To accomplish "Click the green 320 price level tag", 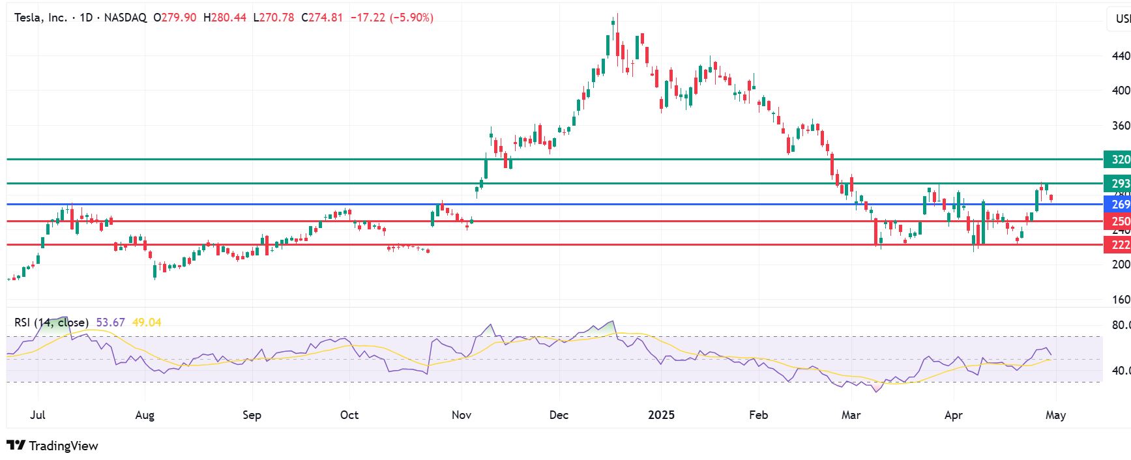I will click(x=1117, y=160).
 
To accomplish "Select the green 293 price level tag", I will click(x=1117, y=184).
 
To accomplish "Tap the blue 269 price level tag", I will click(x=1117, y=205).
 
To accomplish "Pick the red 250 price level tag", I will click(x=1117, y=222).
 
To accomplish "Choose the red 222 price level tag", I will click(x=1117, y=245).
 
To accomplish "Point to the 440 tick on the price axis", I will click(x=1121, y=56).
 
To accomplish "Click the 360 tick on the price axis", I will click(x=1121, y=126).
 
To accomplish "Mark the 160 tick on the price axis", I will click(x=1121, y=300).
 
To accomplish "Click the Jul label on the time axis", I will click(x=38, y=415).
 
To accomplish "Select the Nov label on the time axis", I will click(x=462, y=415).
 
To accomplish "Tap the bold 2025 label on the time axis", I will click(x=661, y=415).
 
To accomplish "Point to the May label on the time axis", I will click(x=1055, y=415).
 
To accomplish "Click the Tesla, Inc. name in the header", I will click(x=40, y=18).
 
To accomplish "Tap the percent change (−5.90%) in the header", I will click(x=411, y=18).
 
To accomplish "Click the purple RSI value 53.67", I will click(x=110, y=323).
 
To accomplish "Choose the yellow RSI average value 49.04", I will click(x=147, y=323).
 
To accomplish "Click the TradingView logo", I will click(x=52, y=446).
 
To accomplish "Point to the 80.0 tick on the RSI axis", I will click(x=1121, y=325).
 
